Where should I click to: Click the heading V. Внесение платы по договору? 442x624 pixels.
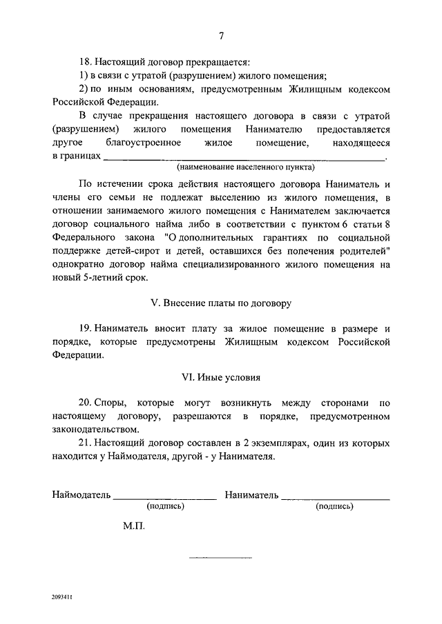[x=221, y=303]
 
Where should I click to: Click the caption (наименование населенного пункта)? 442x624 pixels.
[x=244, y=167]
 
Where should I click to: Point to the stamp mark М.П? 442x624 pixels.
[x=132, y=525]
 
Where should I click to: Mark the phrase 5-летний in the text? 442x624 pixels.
[x=101, y=277]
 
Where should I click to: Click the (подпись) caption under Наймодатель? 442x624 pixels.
[x=164, y=507]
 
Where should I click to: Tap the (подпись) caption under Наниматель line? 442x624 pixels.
[x=335, y=507]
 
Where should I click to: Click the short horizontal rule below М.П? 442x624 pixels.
[x=220, y=556]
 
